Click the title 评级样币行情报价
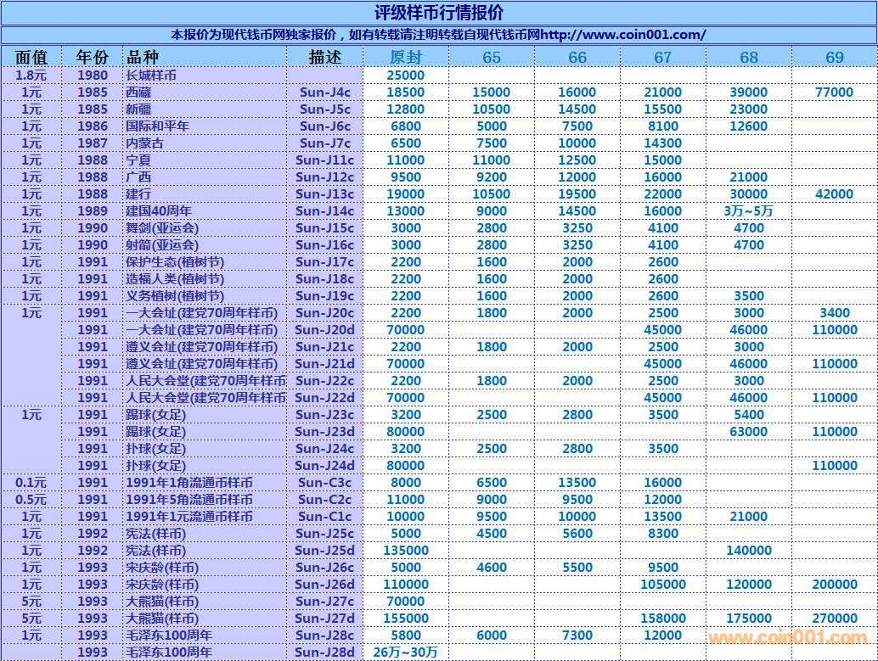[438, 13]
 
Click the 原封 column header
[406, 57]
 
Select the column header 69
[834, 57]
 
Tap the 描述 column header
[325, 57]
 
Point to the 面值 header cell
[31, 57]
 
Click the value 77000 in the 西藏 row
[834, 92]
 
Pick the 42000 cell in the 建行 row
[834, 194]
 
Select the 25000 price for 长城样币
[406, 76]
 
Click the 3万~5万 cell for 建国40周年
[748, 211]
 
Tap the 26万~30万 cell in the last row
[406, 653]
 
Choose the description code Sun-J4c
[325, 92]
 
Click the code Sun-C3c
[325, 483]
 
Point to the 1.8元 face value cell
[31, 76]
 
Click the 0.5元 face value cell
[31, 500]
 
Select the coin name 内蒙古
[144, 143]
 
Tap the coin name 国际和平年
[157, 126]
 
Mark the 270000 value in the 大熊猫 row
[834, 619]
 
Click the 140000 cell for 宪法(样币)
[748, 551]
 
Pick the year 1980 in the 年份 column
[93, 76]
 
